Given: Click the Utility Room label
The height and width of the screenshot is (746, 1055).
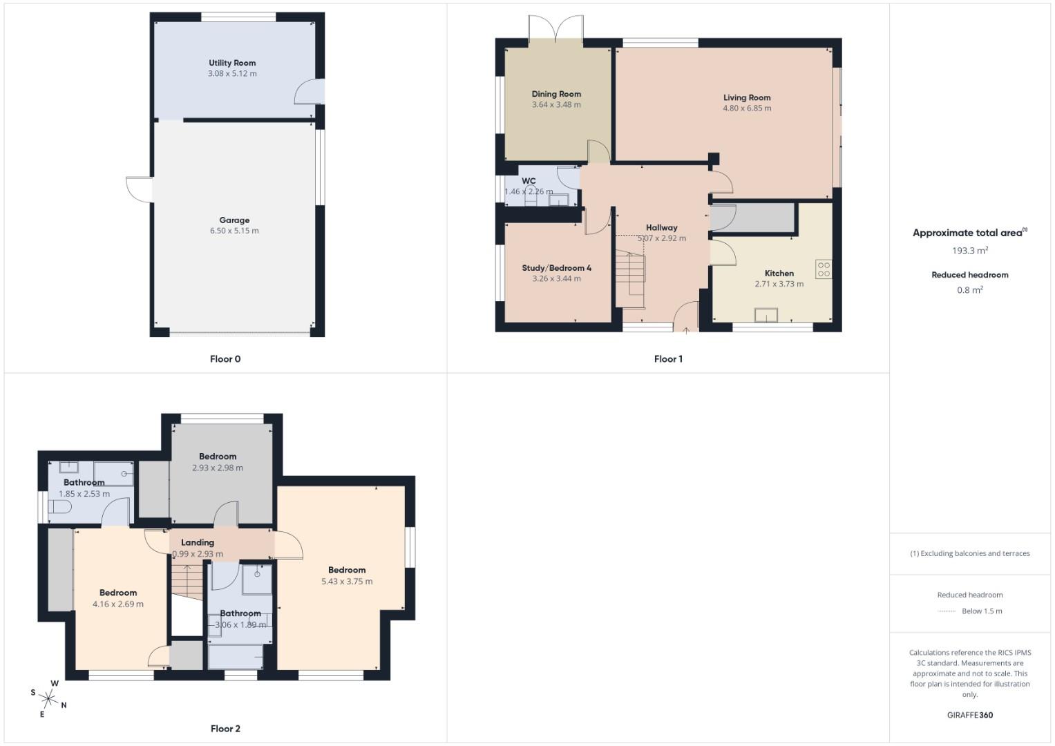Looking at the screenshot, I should tap(232, 63).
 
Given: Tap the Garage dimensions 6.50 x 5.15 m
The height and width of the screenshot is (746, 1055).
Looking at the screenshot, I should tap(234, 231).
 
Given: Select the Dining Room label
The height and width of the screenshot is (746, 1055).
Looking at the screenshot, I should tap(556, 94).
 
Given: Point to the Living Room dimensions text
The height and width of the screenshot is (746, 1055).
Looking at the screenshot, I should tap(747, 108).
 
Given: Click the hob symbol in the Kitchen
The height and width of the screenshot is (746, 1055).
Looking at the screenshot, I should tap(823, 269).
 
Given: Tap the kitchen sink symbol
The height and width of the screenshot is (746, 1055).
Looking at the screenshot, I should tap(766, 316).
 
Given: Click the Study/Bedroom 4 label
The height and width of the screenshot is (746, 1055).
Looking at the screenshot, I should tap(556, 268).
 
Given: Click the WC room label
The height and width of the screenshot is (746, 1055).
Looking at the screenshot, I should tap(529, 181).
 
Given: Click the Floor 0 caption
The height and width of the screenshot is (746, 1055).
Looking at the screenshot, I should tap(225, 359).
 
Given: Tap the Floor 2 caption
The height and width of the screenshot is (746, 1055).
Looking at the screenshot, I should tap(225, 729).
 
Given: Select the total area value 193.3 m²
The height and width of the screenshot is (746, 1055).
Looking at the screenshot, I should tap(969, 251).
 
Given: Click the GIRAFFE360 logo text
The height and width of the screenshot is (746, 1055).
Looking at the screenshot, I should tap(969, 715).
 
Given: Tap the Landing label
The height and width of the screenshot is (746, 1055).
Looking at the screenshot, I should tap(198, 543).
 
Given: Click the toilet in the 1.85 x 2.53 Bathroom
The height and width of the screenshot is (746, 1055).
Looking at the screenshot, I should tap(59, 508).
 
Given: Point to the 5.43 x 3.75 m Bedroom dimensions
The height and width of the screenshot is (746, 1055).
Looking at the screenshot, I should tap(347, 582).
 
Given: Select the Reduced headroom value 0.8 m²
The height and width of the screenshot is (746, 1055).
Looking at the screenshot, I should tap(969, 290).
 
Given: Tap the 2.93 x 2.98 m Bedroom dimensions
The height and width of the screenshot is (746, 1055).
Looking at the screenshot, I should tap(218, 468).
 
